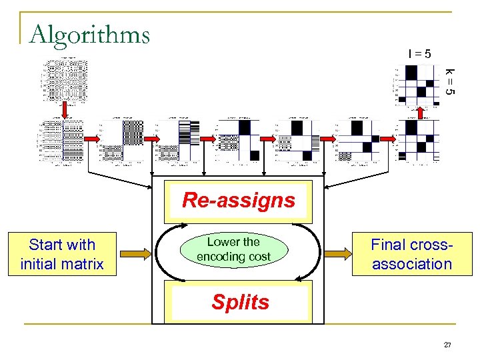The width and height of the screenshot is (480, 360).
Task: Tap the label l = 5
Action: [419, 53]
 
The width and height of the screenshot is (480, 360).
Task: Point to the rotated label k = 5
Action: [450, 81]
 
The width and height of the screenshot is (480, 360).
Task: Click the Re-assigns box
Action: [238, 200]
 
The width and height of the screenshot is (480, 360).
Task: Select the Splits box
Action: [240, 302]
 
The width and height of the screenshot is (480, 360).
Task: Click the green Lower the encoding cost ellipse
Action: [233, 249]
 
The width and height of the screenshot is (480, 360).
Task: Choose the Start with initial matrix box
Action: [63, 254]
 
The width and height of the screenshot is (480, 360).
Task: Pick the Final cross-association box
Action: [411, 254]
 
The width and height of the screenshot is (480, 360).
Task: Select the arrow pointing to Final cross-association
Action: [337, 254]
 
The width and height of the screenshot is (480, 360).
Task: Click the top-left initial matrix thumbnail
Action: [65, 80]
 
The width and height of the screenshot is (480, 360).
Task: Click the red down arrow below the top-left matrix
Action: [65, 109]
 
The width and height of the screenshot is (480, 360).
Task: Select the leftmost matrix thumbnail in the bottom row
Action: [61, 141]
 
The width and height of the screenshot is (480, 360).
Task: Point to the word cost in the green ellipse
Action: [259, 257]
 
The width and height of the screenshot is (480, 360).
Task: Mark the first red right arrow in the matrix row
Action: [93, 138]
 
